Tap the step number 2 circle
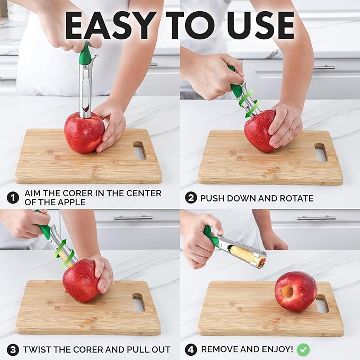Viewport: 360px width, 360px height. tap(190, 198)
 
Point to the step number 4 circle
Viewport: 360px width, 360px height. tap(190, 349)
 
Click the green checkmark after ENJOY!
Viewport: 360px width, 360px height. tap(303, 349)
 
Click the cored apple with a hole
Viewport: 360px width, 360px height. tap(295, 291)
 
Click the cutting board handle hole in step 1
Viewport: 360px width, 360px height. tap(139, 151)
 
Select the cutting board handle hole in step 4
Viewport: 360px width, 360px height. tap(322, 303)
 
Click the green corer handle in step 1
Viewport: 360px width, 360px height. tap(85, 54)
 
